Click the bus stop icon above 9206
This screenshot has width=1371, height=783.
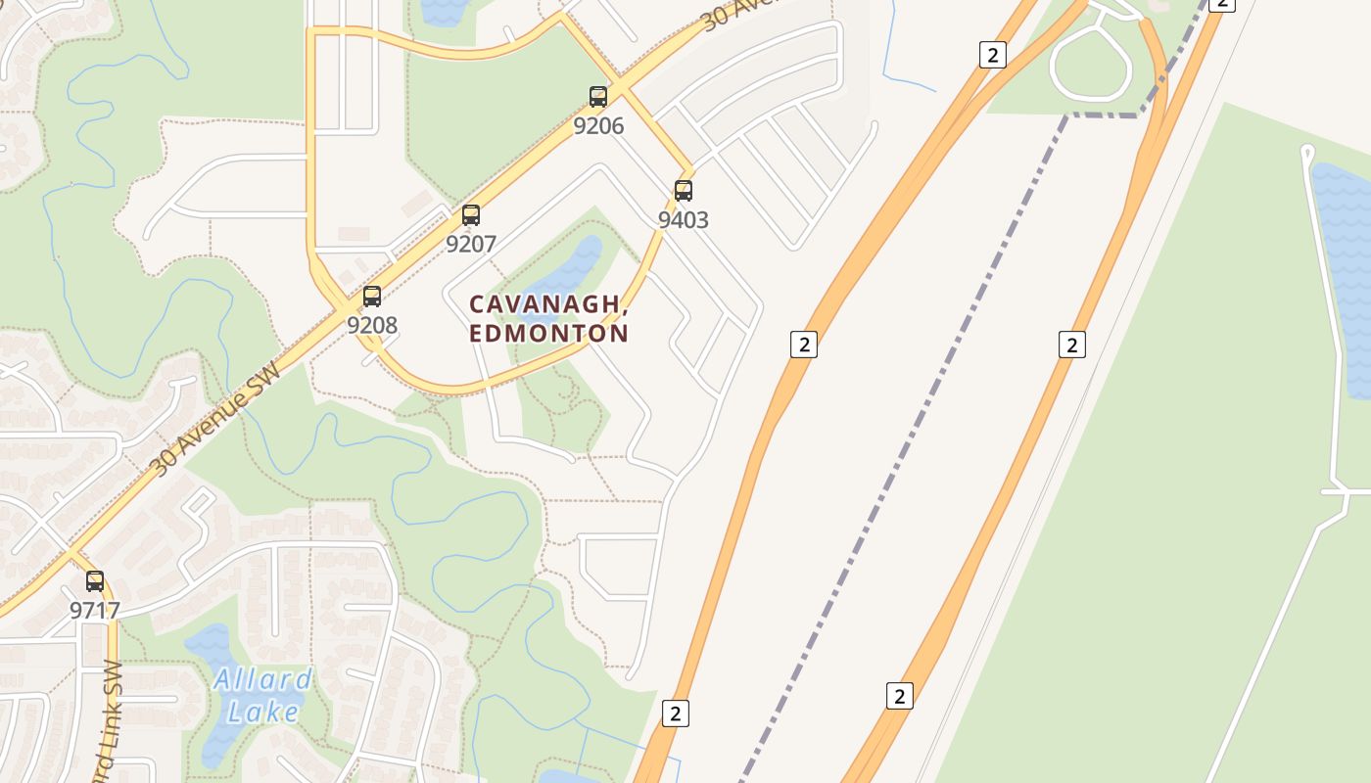click(598, 96)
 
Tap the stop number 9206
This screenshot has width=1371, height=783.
click(598, 125)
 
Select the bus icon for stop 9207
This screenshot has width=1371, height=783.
click(471, 214)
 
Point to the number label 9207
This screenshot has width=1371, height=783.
click(471, 244)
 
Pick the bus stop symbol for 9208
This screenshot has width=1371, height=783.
click(372, 296)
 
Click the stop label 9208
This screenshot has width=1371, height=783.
click(372, 325)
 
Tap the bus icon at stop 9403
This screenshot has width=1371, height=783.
click(684, 190)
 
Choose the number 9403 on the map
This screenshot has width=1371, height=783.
click(683, 219)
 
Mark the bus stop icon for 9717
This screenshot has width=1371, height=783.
click(95, 580)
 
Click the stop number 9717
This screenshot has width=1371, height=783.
click(95, 611)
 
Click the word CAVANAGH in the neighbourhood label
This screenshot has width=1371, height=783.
click(546, 305)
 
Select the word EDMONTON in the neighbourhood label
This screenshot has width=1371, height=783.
click(548, 333)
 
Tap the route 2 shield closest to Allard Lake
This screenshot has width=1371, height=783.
click(675, 713)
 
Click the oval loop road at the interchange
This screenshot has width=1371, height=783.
click(1090, 63)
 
